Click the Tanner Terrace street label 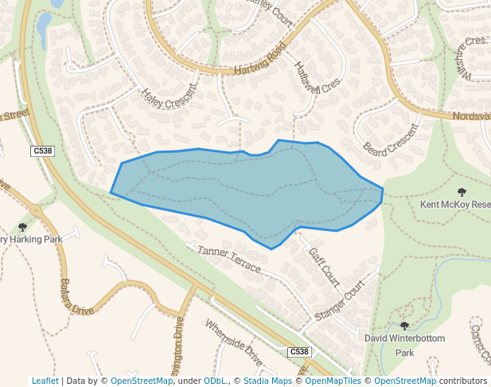click(x=228, y=260)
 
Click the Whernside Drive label click(x=233, y=343)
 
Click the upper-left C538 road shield click(x=42, y=151)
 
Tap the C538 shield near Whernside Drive click(x=298, y=351)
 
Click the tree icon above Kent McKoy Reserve click(x=462, y=192)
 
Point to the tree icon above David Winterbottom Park click(x=404, y=326)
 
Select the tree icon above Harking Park click(x=22, y=228)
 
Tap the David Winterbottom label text click(x=404, y=338)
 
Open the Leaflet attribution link click(x=45, y=381)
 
